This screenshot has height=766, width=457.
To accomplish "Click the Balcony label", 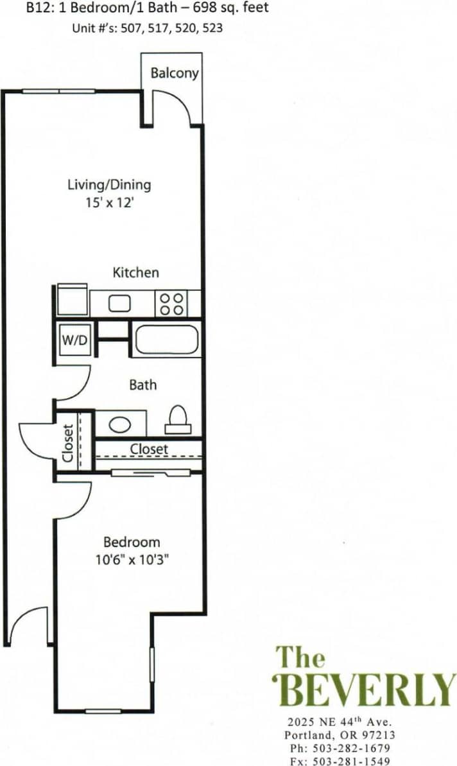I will click(174, 73).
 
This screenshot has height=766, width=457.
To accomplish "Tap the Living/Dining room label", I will click(109, 185).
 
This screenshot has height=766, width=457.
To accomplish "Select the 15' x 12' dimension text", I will click(109, 202).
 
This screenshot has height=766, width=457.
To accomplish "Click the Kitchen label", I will click(135, 272).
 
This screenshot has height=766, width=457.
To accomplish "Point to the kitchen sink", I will click(120, 302).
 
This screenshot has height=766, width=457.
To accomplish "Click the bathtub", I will click(166, 340).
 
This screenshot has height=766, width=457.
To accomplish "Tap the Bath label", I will click(142, 385).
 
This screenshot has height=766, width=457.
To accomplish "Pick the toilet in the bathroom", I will click(177, 421).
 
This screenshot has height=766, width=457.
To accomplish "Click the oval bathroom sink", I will click(119, 424).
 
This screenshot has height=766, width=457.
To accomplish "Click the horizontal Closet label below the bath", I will click(149, 449).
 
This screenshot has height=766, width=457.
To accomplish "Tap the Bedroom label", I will click(132, 542).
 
